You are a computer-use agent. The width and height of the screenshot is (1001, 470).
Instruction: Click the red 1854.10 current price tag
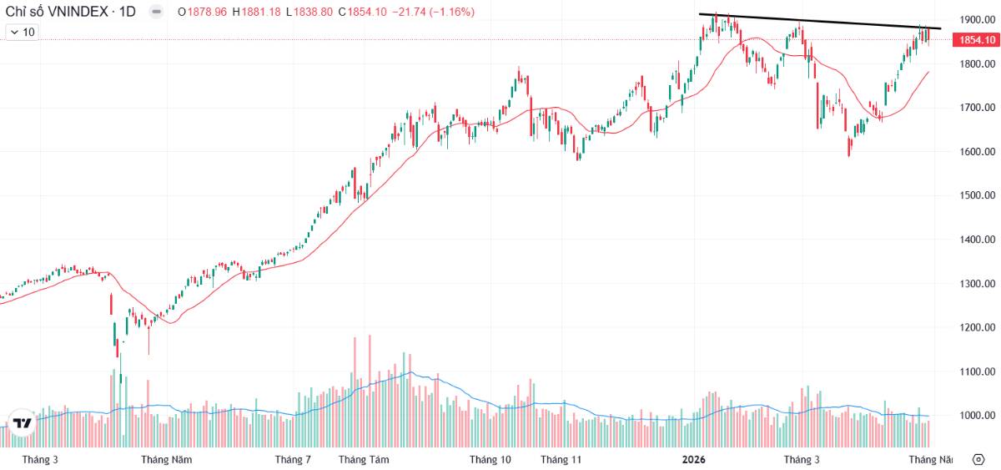tap(976, 40)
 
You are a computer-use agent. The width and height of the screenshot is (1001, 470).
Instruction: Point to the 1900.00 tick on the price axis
tap(978, 20)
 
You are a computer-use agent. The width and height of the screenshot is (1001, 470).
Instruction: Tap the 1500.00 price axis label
tap(978, 195)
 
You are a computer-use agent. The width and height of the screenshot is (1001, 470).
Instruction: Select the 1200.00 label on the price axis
tap(978, 327)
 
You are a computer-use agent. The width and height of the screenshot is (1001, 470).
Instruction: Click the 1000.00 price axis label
tap(978, 416)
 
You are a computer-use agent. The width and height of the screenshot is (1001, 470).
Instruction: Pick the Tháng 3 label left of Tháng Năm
tap(40, 460)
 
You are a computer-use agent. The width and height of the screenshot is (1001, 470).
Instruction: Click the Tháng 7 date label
tap(293, 460)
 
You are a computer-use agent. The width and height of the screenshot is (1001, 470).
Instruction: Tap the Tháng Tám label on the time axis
tap(364, 460)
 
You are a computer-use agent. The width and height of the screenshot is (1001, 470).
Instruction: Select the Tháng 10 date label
tap(490, 460)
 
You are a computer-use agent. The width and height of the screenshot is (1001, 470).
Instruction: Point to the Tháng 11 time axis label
tap(561, 460)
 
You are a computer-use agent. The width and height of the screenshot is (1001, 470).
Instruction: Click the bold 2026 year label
tap(693, 460)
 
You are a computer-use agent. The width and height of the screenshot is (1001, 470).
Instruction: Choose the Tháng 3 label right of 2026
tap(802, 460)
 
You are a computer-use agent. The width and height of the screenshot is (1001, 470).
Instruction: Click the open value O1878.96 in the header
tap(203, 12)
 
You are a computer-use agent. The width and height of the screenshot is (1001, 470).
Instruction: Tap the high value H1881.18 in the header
tap(257, 12)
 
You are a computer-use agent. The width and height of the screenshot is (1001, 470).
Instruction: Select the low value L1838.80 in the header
tap(309, 12)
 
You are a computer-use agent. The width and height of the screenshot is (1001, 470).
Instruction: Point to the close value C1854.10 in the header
tap(362, 12)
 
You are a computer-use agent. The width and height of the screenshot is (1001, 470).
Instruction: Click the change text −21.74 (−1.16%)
tap(433, 12)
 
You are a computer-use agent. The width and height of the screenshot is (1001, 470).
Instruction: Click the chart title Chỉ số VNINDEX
tap(57, 12)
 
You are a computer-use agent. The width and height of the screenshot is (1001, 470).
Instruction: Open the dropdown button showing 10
tap(22, 33)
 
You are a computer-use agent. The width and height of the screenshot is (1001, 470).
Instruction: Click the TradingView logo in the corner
tap(22, 422)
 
